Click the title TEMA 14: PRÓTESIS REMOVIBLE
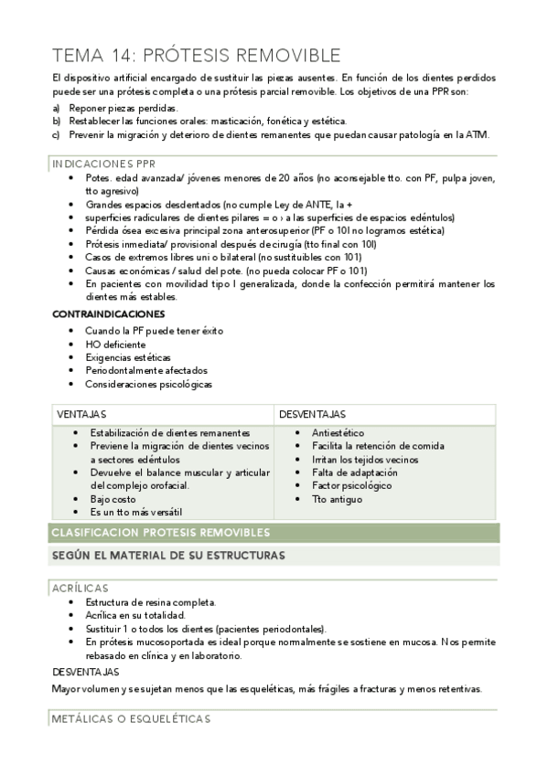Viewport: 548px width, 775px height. (197, 55)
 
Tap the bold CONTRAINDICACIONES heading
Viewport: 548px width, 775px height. (108, 313)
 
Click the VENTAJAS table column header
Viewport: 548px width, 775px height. (82, 414)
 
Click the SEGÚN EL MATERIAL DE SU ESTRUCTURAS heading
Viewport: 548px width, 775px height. (167, 555)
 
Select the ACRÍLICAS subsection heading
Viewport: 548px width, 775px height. (80, 588)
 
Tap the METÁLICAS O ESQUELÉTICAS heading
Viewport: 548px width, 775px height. (131, 719)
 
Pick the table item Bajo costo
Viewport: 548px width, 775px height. (113, 499)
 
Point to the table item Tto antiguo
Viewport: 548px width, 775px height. (332, 499)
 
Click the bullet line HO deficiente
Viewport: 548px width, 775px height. (115, 344)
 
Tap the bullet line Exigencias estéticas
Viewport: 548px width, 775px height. (128, 357)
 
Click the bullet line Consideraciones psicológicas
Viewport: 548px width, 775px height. (148, 384)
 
